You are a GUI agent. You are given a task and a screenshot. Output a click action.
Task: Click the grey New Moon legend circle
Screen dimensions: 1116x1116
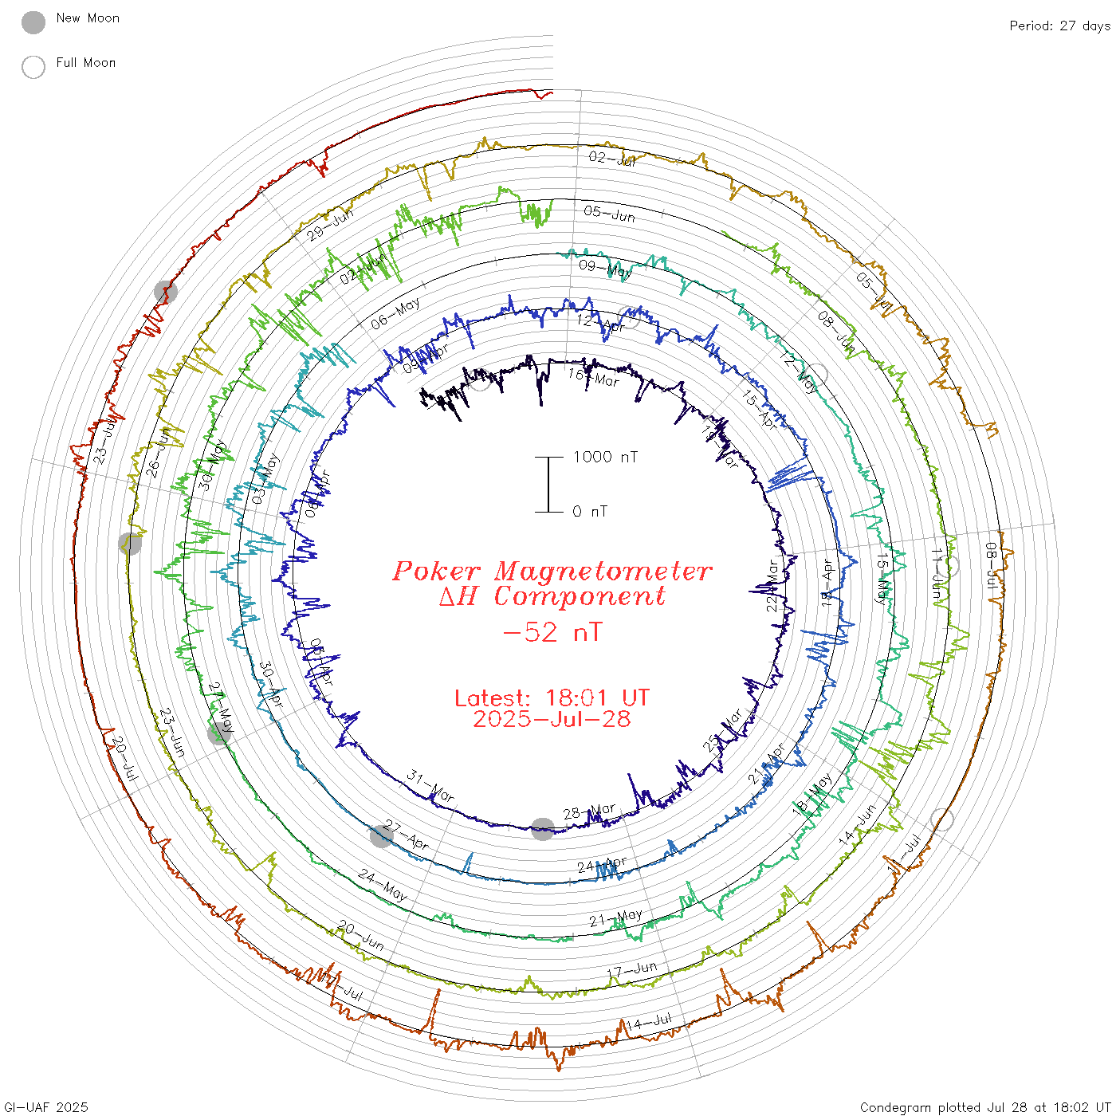(x=33, y=23)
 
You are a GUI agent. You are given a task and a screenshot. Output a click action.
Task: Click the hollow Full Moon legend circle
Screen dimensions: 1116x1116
(x=33, y=68)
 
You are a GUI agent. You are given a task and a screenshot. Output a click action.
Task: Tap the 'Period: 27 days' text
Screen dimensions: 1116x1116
(x=1059, y=26)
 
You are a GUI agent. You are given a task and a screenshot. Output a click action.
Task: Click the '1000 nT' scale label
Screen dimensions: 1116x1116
(x=605, y=458)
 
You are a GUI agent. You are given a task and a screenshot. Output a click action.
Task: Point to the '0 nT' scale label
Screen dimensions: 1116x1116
(x=590, y=512)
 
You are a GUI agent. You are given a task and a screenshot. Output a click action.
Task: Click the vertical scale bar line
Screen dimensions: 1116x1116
(x=548, y=484)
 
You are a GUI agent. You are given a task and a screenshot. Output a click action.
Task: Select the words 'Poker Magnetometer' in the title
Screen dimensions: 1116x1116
(x=552, y=572)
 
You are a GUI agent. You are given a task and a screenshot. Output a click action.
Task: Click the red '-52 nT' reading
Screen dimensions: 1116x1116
(x=552, y=633)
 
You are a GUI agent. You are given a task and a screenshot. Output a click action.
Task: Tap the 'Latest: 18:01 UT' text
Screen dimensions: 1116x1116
(x=552, y=698)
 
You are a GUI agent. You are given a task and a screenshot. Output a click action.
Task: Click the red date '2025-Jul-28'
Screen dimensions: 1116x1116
(x=552, y=719)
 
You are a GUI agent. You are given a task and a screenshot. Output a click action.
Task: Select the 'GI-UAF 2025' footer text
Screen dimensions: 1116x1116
(x=45, y=1107)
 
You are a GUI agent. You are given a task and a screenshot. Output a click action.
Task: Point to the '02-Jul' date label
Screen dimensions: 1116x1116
(x=612, y=159)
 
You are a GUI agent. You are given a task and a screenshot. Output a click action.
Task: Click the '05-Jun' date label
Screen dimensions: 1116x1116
(x=610, y=214)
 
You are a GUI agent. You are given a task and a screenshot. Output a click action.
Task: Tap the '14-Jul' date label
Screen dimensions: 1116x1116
(x=649, y=1022)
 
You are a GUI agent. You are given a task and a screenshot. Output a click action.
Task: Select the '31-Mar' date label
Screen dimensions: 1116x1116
(x=430, y=786)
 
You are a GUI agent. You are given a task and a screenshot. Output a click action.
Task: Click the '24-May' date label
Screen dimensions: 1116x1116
(x=383, y=886)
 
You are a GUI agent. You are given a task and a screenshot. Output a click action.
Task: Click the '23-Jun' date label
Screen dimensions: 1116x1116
(x=172, y=732)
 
